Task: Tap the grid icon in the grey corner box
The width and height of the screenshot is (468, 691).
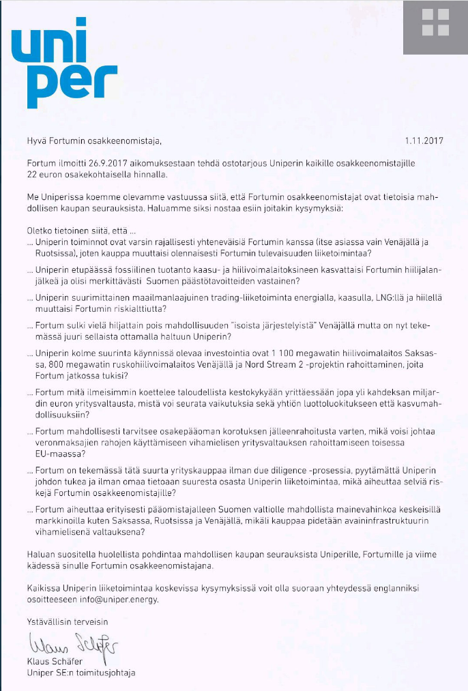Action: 435,23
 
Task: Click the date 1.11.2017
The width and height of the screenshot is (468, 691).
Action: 424,141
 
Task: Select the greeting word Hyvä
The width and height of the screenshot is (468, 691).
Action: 37,141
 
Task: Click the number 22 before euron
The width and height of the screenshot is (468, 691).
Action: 33,175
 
